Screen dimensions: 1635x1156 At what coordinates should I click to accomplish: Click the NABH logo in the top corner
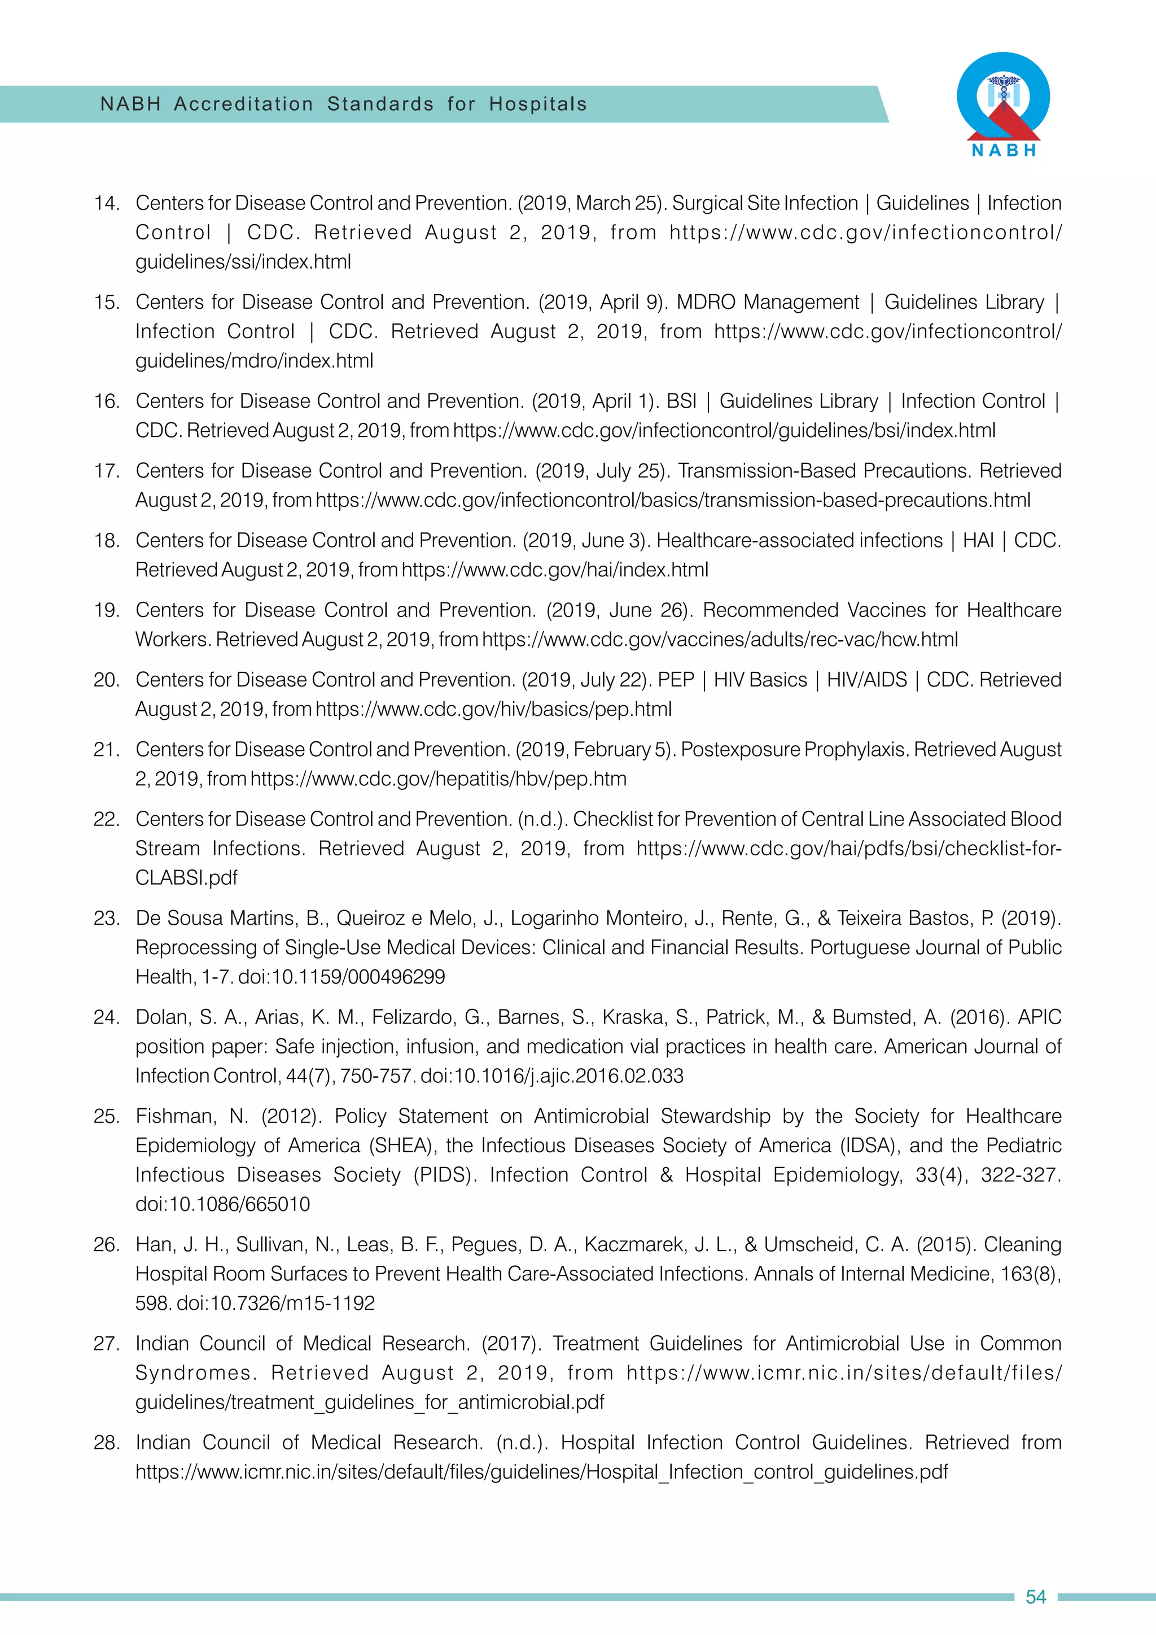[x=1003, y=104]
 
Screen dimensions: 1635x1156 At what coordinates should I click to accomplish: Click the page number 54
[x=1036, y=1597]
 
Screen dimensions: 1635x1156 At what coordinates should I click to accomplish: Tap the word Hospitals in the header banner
[x=538, y=104]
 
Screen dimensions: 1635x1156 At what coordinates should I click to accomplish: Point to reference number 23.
[x=106, y=918]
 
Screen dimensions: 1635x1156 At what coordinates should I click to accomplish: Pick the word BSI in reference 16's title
[x=681, y=401]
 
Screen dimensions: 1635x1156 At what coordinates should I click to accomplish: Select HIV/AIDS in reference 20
[x=866, y=680]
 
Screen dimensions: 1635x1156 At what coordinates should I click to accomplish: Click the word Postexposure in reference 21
[x=739, y=750]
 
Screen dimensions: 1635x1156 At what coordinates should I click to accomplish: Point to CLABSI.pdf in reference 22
[x=186, y=877]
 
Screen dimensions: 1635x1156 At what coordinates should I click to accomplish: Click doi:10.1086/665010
[x=223, y=1204]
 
